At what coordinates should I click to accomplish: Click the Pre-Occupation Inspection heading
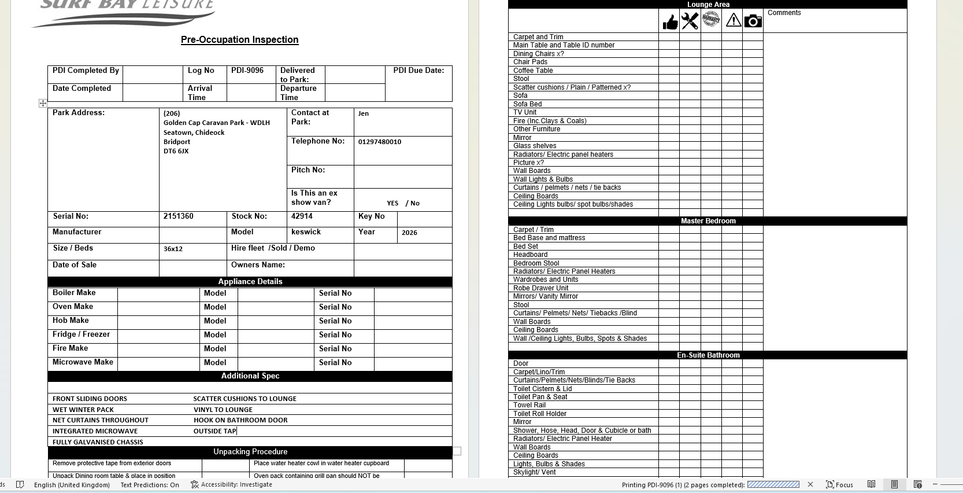click(239, 40)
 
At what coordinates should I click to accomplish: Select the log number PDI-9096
click(247, 71)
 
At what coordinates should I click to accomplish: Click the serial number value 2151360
click(178, 216)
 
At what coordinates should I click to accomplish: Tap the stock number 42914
click(302, 216)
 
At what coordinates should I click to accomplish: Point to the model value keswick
click(306, 232)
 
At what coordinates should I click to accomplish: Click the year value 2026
click(409, 233)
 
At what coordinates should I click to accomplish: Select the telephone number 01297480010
click(379, 142)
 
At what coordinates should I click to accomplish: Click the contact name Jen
click(363, 113)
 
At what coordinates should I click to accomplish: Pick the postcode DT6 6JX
click(176, 151)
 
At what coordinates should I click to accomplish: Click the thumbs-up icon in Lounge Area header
click(670, 22)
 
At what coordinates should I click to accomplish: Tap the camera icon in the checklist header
click(753, 21)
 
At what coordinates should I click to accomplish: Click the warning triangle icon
click(733, 21)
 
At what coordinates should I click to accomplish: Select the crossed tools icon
click(690, 21)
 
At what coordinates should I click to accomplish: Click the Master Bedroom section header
click(708, 221)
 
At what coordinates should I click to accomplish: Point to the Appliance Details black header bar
click(250, 282)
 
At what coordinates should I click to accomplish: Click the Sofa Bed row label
click(527, 104)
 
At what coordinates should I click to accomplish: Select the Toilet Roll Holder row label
click(540, 414)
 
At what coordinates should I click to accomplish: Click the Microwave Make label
click(83, 362)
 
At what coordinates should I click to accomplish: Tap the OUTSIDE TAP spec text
click(215, 431)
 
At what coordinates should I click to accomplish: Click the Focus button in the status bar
click(839, 485)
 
